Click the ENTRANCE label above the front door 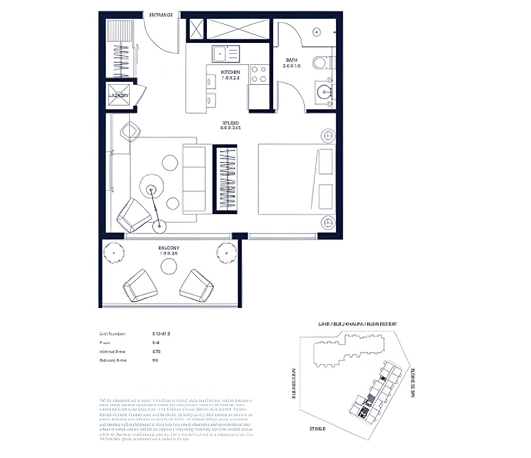pos(161,15)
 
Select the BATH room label pos(292,63)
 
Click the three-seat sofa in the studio pos(194,179)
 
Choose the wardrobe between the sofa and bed pos(225,179)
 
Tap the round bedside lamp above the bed pos(328,136)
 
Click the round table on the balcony pos(169,266)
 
